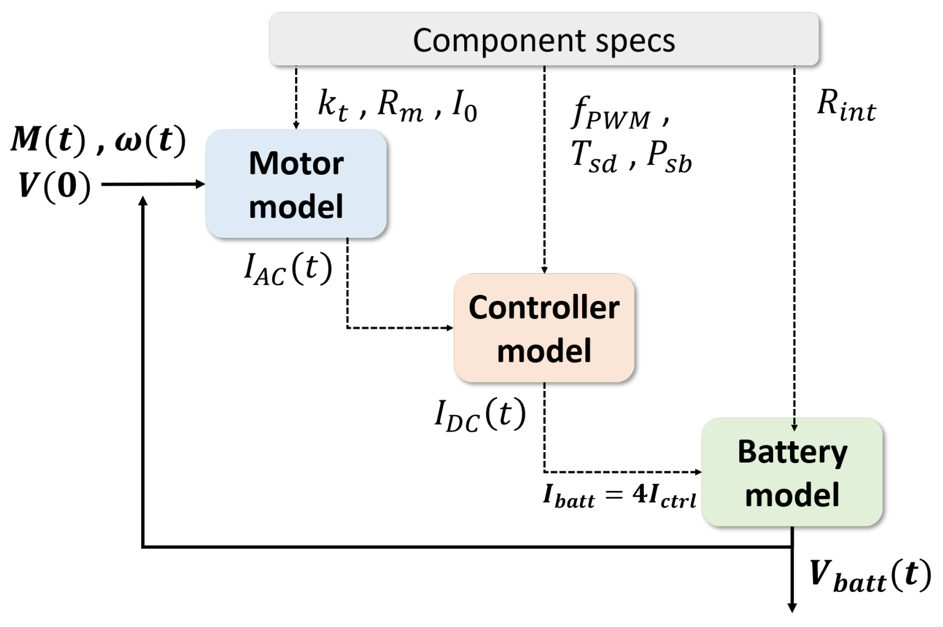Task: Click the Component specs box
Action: click(x=544, y=39)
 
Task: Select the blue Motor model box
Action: click(x=296, y=184)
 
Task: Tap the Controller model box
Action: click(x=544, y=328)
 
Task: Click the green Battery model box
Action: click(x=792, y=472)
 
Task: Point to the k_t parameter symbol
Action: click(x=333, y=106)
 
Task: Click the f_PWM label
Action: click(x=610, y=114)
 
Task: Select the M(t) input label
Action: click(x=48, y=139)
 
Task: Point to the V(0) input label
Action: click(x=54, y=186)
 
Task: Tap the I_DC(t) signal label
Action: click(x=480, y=414)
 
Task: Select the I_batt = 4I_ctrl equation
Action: click(x=619, y=495)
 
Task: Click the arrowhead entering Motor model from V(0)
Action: click(x=200, y=184)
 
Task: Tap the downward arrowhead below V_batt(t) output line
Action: click(x=792, y=607)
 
